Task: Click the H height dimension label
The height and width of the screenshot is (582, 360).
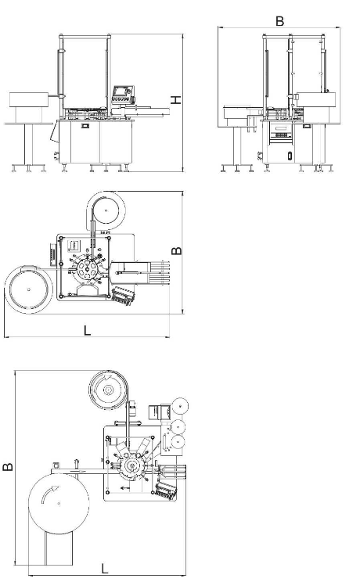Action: point(176,99)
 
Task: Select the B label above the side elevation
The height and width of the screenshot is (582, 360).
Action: point(279,21)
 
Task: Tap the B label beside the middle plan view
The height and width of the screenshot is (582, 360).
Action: point(177,250)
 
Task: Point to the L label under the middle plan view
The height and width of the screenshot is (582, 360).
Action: point(88,330)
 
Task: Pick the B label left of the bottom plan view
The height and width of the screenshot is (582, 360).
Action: point(8,466)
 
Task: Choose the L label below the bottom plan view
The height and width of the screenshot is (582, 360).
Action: point(105,568)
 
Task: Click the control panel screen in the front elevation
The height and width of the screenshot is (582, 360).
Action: point(121,90)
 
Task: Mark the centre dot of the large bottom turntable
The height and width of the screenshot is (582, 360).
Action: point(59,503)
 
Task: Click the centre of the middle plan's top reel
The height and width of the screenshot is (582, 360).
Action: point(106,210)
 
